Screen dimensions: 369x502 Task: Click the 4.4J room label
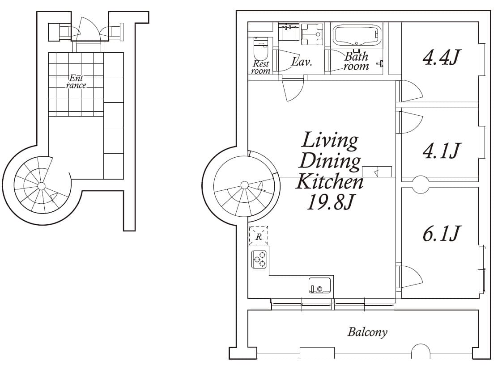click(x=441, y=58)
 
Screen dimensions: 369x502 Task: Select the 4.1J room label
click(x=441, y=151)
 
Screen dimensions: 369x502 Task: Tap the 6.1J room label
click(x=441, y=233)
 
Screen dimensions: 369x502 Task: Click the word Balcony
click(x=367, y=332)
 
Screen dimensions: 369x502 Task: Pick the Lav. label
click(x=302, y=62)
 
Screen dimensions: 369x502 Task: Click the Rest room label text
click(x=261, y=67)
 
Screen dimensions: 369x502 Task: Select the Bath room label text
click(x=356, y=62)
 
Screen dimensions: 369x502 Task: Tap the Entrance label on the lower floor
click(x=76, y=82)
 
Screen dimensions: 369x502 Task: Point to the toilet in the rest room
click(x=260, y=49)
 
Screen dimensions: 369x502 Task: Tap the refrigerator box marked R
click(x=259, y=236)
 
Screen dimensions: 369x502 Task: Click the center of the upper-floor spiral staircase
click(x=244, y=184)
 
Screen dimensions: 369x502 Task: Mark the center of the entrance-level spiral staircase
click(x=41, y=185)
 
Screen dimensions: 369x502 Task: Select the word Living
click(x=330, y=140)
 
